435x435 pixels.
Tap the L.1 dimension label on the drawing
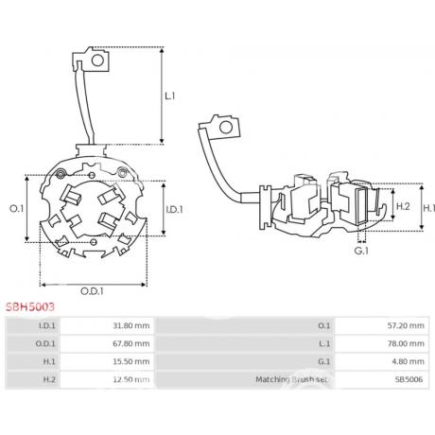[171, 96]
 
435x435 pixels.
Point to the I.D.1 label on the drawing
[173, 208]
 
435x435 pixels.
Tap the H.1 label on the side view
[427, 207]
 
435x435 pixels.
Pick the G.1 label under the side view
[361, 252]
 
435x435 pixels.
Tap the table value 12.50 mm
[131, 380]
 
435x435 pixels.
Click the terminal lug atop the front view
[91, 61]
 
